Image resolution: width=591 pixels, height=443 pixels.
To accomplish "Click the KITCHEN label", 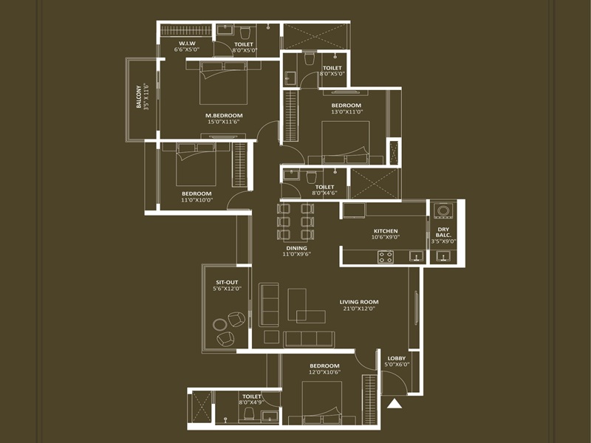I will click(x=386, y=231).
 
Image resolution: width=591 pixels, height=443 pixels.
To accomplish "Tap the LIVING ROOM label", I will click(x=358, y=301).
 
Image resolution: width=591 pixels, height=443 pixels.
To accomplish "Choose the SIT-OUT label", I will click(x=226, y=282).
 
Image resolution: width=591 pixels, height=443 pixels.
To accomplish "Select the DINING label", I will click(x=296, y=248).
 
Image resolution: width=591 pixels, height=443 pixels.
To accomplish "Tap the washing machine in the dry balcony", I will click(x=443, y=210).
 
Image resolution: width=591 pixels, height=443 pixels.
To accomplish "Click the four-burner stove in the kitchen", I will click(x=386, y=257).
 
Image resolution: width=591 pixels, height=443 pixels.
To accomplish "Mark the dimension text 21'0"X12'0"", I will click(x=358, y=309).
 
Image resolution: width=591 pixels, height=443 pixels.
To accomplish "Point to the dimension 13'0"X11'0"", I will click(x=346, y=113).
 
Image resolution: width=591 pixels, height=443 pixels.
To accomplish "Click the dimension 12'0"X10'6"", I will click(x=324, y=373).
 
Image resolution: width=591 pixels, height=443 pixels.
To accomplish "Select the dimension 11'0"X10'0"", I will click(x=197, y=200).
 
